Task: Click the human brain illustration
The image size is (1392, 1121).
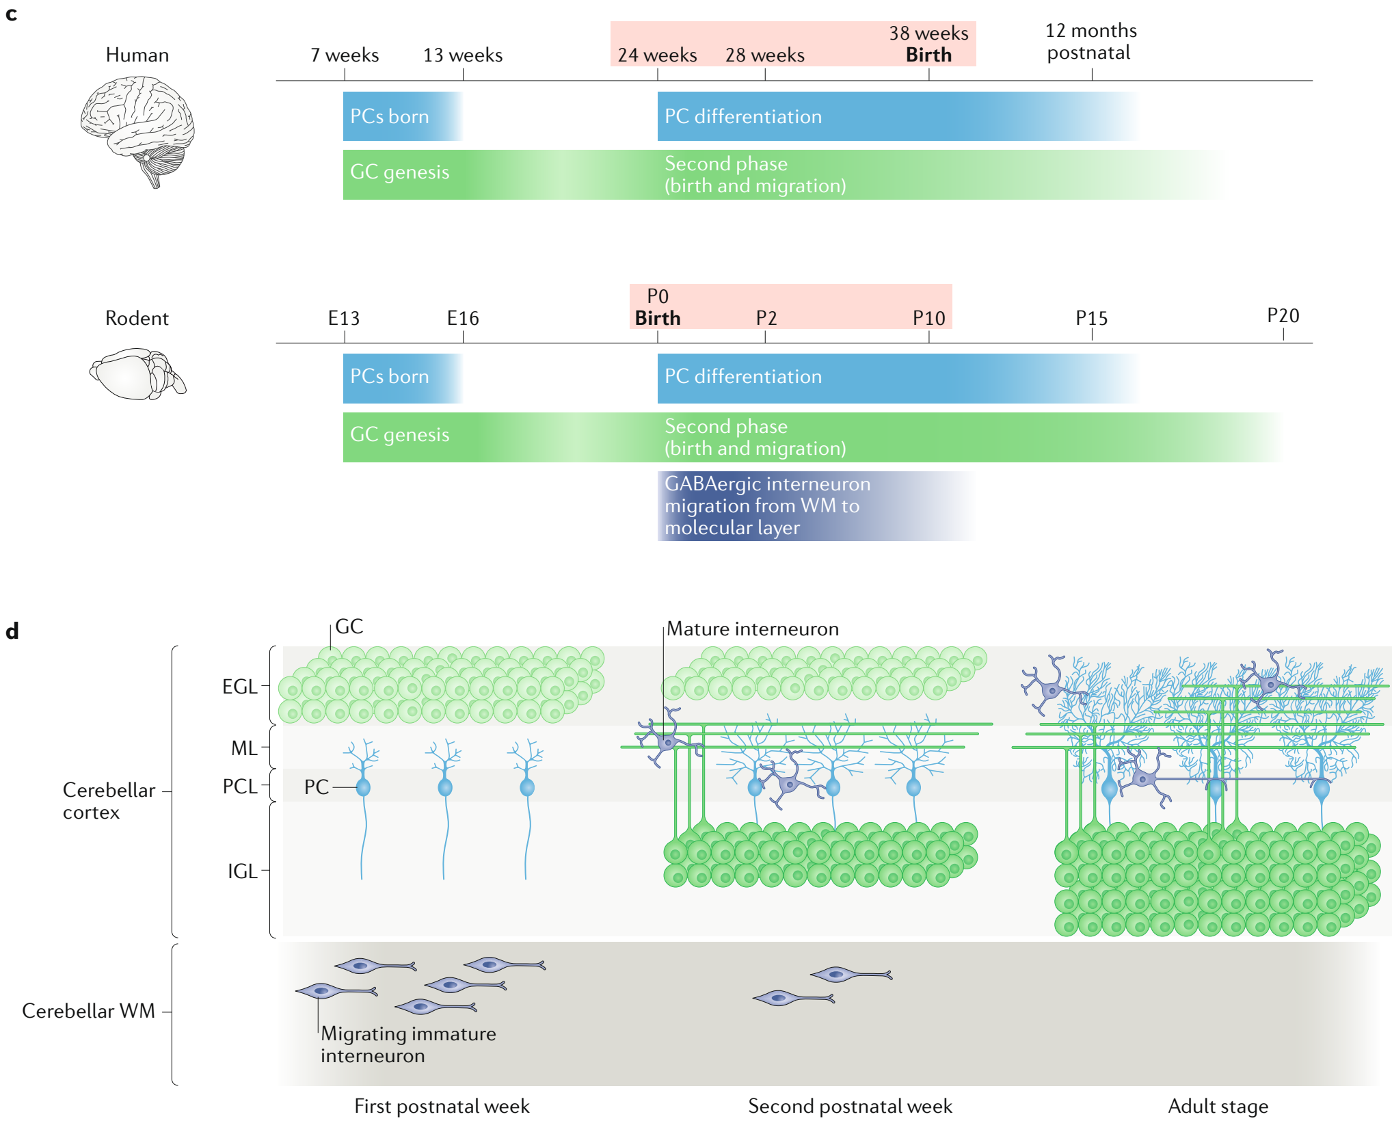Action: click(x=137, y=130)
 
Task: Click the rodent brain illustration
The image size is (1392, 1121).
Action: click(x=137, y=373)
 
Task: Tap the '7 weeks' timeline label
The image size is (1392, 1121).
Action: click(x=345, y=55)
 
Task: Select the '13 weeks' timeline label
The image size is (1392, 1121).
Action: click(x=463, y=55)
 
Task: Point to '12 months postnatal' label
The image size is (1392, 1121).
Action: click(x=1090, y=42)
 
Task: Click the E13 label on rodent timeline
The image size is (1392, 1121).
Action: click(x=344, y=318)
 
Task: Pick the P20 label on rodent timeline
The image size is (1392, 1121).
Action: click(x=1283, y=315)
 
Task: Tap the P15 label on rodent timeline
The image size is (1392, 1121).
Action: click(x=1091, y=318)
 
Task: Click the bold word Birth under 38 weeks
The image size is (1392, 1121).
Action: click(x=928, y=55)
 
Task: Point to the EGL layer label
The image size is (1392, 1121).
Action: click(x=240, y=687)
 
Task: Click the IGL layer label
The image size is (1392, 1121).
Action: click(x=243, y=871)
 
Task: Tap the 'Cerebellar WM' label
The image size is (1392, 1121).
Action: click(x=89, y=1011)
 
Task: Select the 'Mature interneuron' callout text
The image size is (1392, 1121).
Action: click(x=753, y=629)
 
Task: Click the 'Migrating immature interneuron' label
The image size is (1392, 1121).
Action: click(x=408, y=1044)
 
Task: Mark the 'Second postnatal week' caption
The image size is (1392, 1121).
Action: click(x=850, y=1106)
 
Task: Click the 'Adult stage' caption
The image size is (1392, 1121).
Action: click(x=1218, y=1106)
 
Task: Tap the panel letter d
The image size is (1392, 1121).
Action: click(x=12, y=631)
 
